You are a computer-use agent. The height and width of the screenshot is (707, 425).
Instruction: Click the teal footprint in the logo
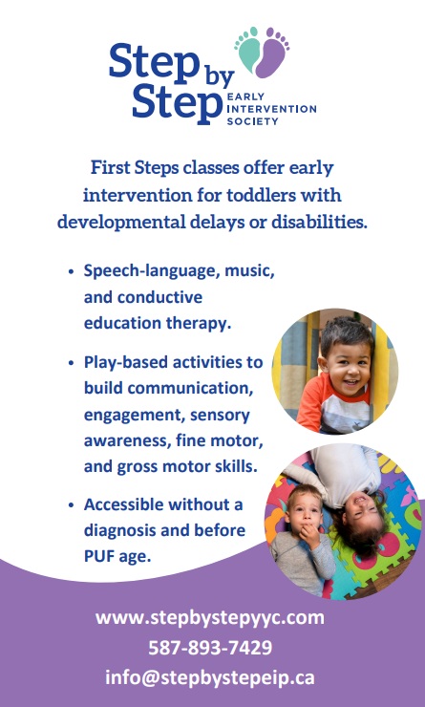pyautogui.click(x=249, y=50)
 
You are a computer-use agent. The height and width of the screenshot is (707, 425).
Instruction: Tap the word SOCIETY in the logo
pyautogui.click(x=250, y=121)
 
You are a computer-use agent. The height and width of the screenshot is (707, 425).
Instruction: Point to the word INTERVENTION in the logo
pyautogui.click(x=270, y=108)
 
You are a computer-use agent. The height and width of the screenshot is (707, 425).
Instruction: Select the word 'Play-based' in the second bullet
pyautogui.click(x=125, y=363)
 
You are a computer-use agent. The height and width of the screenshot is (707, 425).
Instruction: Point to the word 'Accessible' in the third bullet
pyautogui.click(x=125, y=504)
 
